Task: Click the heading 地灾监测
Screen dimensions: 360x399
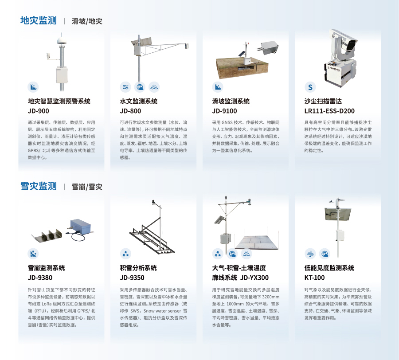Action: [x=39, y=20]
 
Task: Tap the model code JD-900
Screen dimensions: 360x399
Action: [x=39, y=111]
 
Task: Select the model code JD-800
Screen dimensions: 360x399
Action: [x=130, y=111]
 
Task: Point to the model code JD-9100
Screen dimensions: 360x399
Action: [x=224, y=111]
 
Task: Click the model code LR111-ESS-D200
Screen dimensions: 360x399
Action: [x=329, y=111]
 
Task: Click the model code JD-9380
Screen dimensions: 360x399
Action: [x=40, y=278]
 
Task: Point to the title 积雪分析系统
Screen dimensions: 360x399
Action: [x=138, y=268]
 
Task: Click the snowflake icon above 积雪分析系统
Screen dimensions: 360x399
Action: [x=126, y=253]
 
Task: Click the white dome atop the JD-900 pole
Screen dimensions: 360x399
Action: [x=61, y=40]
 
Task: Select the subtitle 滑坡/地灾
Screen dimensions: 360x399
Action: [x=87, y=21]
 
